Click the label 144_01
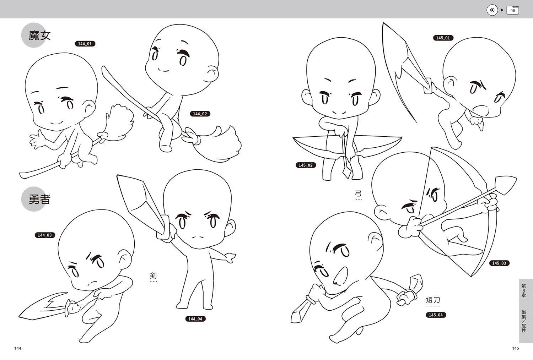[85, 44]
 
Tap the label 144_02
[200, 114]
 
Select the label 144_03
[45, 235]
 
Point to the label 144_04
[195, 319]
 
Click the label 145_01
[443, 38]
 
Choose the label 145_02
[306, 165]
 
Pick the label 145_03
[499, 263]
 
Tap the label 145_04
[436, 315]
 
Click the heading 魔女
[39, 36]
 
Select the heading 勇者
[39, 200]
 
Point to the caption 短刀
[433, 301]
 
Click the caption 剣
[154, 276]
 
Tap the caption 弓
[358, 193]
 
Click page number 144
[18, 348]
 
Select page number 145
[516, 348]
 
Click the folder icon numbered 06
[513, 10]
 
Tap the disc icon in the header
[492, 10]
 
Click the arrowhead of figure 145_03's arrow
[507, 184]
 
